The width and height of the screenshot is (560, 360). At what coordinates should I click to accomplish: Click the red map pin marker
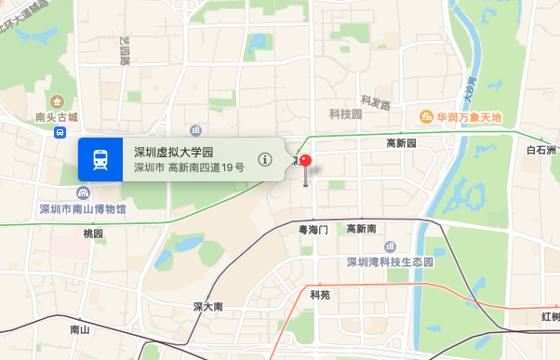click(306, 164)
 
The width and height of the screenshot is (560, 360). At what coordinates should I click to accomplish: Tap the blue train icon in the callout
click(100, 159)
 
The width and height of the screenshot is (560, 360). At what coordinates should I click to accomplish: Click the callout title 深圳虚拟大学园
click(174, 152)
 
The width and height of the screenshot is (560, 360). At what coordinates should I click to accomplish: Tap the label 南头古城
click(57, 117)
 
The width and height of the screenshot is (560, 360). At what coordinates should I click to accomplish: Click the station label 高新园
click(401, 143)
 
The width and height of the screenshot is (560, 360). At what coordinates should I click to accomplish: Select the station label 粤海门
click(313, 228)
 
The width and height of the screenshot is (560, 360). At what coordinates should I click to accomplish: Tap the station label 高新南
click(361, 229)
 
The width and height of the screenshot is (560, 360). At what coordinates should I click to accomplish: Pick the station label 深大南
click(207, 306)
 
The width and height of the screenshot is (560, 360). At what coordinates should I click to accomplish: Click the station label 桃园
click(93, 233)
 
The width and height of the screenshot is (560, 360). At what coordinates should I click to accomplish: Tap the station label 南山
click(80, 329)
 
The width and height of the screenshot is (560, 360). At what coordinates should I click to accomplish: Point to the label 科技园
click(345, 113)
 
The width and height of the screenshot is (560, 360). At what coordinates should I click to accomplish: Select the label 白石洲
click(541, 150)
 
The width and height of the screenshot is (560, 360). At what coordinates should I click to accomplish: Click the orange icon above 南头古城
click(57, 100)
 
